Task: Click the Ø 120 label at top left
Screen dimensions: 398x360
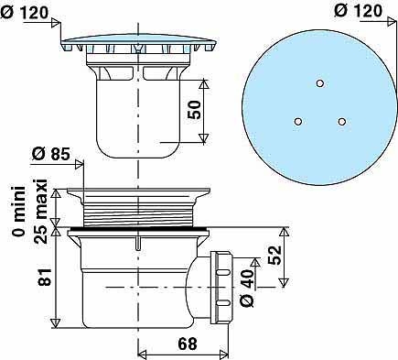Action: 24,13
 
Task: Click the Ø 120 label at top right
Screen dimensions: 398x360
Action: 358,11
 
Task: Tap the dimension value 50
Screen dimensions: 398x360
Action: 194,110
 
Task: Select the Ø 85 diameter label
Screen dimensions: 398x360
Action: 50,154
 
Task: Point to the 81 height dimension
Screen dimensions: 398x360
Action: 45,278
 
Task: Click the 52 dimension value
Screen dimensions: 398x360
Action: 274,255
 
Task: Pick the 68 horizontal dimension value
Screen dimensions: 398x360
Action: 188,344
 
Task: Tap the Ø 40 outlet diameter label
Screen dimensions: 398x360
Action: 247,289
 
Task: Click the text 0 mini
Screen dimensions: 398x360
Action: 19,212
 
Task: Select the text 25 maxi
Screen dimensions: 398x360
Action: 40,212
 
